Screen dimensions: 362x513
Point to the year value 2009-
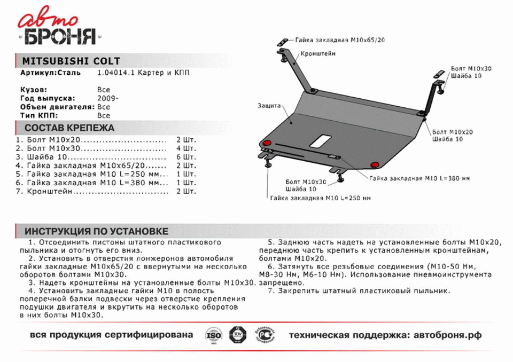(x=108, y=98)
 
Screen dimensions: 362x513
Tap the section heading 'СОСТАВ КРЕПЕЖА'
(x=69, y=128)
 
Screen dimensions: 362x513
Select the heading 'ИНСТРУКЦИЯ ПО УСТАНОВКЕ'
(x=96, y=231)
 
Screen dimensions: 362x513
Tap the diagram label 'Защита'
(x=268, y=106)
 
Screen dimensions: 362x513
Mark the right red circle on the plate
(x=375, y=164)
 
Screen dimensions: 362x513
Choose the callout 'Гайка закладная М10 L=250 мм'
(x=320, y=198)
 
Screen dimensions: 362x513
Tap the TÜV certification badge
(x=236, y=335)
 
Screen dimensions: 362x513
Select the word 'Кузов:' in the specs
(x=34, y=90)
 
